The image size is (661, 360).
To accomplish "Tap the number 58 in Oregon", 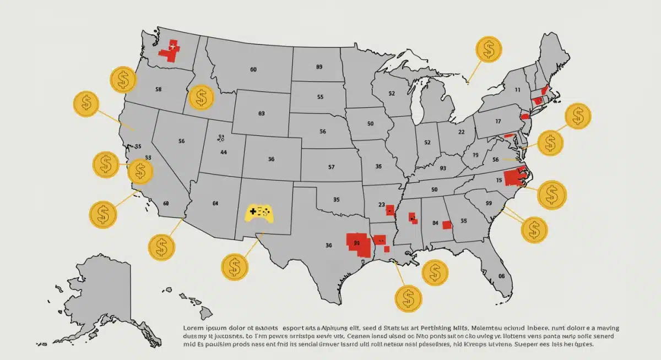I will coord(159,89).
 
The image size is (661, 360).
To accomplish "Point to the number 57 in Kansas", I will coord(331,166).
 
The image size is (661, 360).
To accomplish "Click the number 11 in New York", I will coord(517,89).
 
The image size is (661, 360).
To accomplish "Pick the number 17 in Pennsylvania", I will coord(498,121).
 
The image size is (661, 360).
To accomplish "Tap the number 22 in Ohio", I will coord(462,132).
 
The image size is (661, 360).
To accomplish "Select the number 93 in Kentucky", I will coord(443,169).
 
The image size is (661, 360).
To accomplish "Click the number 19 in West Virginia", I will coord(475,156).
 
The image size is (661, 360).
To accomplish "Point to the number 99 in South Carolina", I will coord(488,203).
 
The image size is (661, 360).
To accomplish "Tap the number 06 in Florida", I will coord(501,276).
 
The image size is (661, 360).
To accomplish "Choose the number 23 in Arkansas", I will coord(382,204).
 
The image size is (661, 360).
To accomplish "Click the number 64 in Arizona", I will coord(215,203).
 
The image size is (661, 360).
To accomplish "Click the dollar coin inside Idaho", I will coord(201,97).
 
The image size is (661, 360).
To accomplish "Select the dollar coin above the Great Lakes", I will coord(488,49).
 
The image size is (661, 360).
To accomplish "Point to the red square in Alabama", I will coord(447,225).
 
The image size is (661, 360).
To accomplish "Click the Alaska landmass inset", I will coord(102,297).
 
